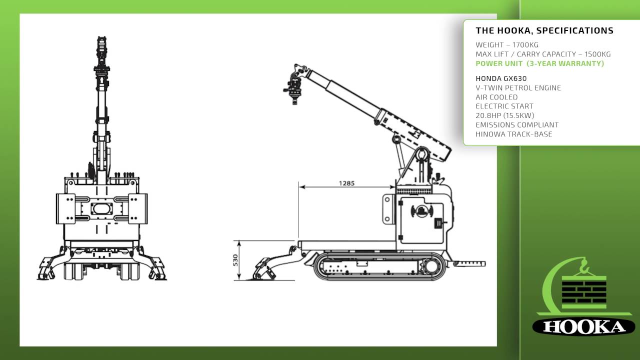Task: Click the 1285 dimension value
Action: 346,183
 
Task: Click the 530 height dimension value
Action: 235,260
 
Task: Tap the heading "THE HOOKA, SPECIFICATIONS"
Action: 544,30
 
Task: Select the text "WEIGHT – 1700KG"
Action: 507,45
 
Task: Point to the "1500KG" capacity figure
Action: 597,54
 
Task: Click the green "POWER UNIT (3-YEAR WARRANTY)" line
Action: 539,63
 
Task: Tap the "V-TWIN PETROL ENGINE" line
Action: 518,87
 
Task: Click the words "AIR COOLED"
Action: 496,97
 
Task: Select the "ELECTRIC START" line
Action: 504,106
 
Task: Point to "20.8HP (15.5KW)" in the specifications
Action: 505,115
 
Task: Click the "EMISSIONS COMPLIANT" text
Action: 517,125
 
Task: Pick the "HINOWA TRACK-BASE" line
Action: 514,134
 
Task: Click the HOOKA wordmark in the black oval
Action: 583,327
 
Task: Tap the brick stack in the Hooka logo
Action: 584,292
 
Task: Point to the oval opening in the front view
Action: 101,208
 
